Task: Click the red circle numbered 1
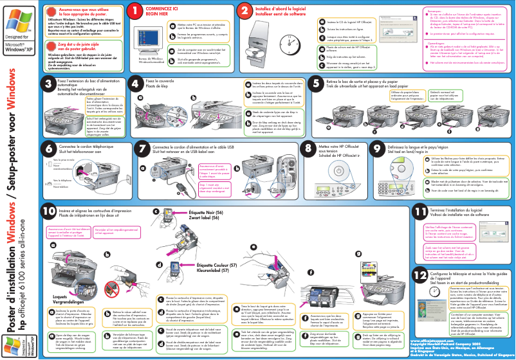(x=134, y=11)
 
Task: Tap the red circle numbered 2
(x=245, y=11)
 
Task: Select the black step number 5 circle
(x=317, y=84)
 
